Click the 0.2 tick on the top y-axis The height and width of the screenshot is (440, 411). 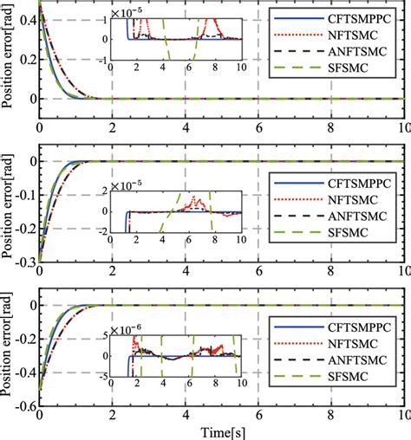pyautogui.click(x=24, y=58)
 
